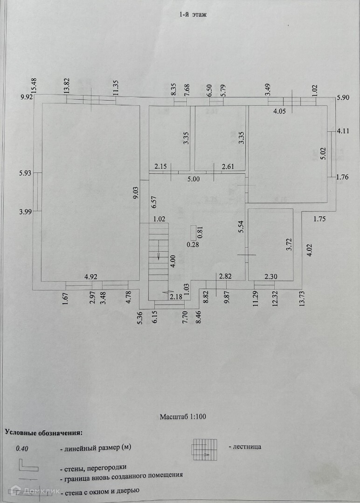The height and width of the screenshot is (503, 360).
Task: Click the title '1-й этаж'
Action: pyautogui.click(x=193, y=14)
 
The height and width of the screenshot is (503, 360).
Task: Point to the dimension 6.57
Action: pyautogui.click(x=152, y=201)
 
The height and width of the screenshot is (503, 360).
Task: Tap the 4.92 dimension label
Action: pyautogui.click(x=91, y=277)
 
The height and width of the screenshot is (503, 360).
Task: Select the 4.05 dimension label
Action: pyautogui.click(x=279, y=111)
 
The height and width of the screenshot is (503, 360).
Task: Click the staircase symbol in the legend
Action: pyautogui.click(x=205, y=448)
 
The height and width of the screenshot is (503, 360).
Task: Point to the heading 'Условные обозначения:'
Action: pyautogui.click(x=43, y=432)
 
